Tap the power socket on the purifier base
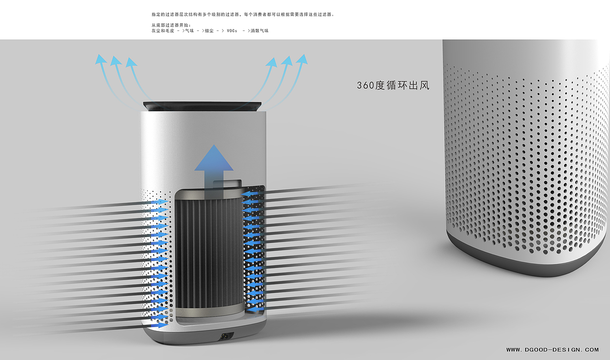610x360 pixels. (x=223, y=337)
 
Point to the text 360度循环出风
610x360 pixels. (x=393, y=86)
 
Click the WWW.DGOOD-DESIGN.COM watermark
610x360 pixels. (x=552, y=350)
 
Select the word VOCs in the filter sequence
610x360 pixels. (x=232, y=31)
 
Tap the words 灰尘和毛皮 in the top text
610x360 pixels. (x=163, y=31)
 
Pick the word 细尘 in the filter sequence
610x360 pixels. (x=209, y=31)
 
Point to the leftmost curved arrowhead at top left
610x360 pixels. (x=100, y=59)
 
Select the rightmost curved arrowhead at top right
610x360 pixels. (x=302, y=59)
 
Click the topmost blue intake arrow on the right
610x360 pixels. (x=248, y=194)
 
